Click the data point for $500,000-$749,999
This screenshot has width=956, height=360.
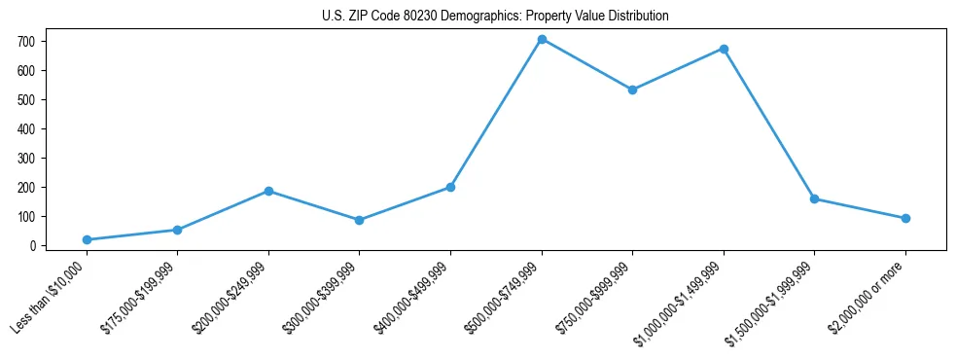(542, 40)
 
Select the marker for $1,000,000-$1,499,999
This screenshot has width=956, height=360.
(724, 49)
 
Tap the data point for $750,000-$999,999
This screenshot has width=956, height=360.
(632, 90)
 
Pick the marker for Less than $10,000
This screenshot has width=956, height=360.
(87, 239)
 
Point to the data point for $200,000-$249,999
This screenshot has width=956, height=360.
(268, 191)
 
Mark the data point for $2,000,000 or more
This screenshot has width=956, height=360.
(905, 218)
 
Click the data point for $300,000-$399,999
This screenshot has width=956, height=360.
(360, 220)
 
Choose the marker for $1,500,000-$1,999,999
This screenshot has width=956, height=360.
(814, 198)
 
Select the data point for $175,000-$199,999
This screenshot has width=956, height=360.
(177, 230)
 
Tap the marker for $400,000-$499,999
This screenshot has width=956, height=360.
(450, 187)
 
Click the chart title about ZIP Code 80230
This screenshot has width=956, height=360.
(495, 17)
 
